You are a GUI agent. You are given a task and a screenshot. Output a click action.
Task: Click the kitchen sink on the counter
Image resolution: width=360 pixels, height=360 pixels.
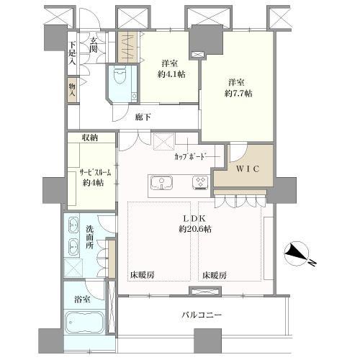point(163,184)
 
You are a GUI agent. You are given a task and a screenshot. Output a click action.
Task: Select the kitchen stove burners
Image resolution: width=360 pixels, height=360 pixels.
point(200,184)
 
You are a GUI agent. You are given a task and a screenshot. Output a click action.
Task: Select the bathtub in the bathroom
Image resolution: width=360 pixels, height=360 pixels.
point(85,324)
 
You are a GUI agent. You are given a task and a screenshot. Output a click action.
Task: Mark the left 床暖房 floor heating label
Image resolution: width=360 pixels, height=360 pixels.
point(142,274)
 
